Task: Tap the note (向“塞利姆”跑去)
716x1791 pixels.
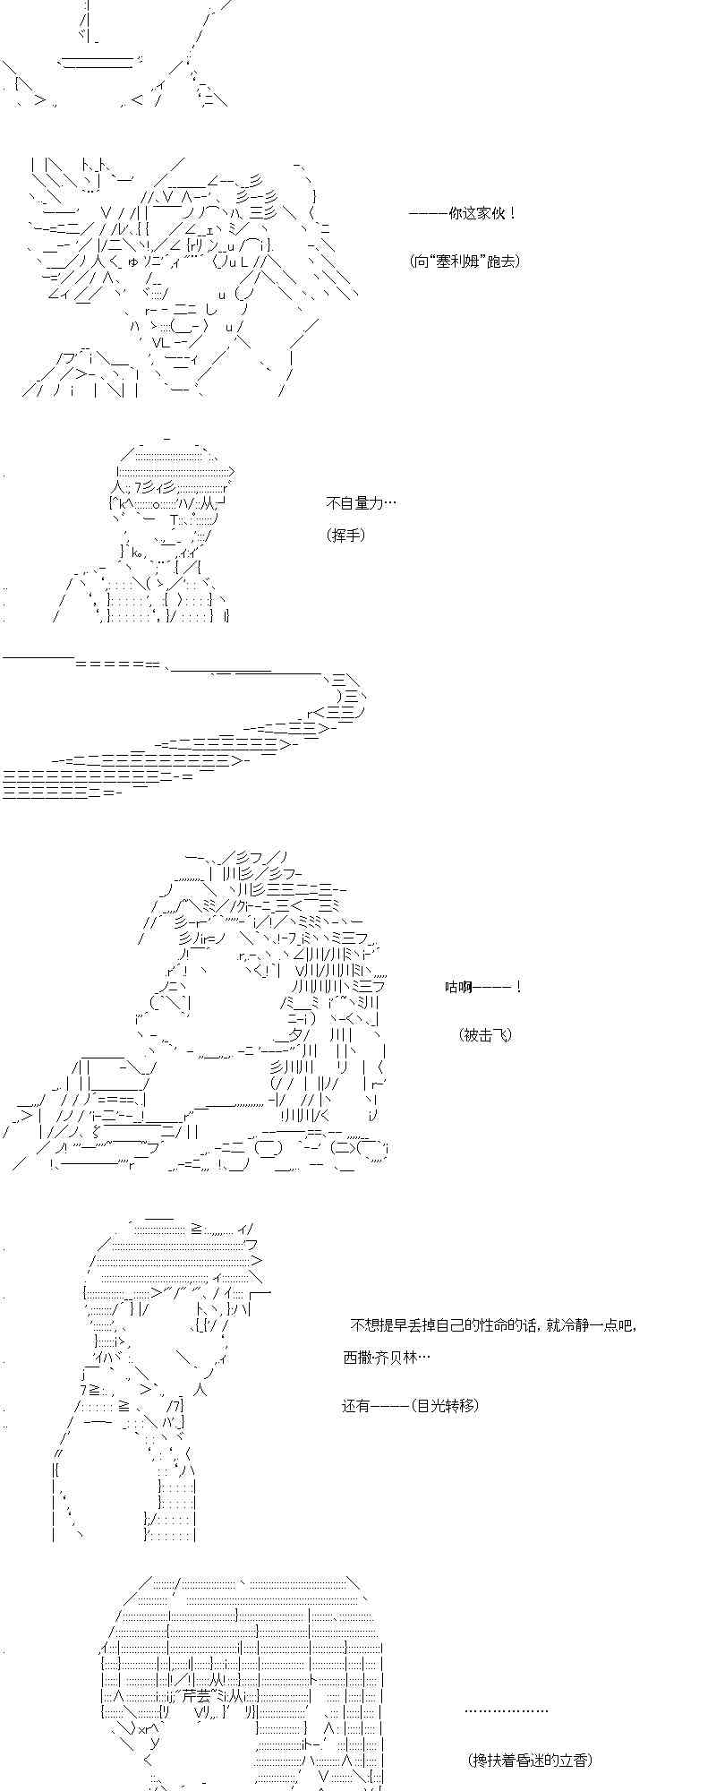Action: pos(465,261)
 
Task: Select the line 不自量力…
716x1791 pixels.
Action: pos(361,503)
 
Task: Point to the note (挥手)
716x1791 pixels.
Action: pos(346,536)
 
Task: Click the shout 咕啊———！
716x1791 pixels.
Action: pos(483,987)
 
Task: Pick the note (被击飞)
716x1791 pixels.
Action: pos(486,1034)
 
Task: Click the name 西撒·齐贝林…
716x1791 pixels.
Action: pos(387,1357)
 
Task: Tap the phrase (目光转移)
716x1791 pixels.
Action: pos(446,1405)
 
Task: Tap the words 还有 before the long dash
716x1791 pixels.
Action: pos(356,1405)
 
